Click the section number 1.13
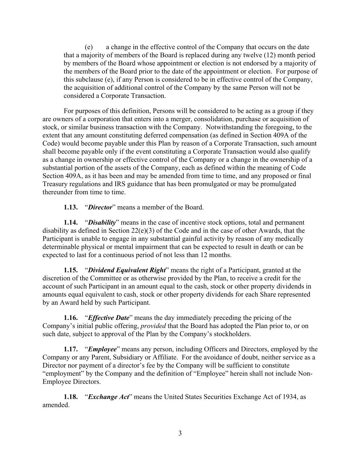pyautogui.click(x=71, y=207)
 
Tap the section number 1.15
pyautogui.click(x=71, y=270)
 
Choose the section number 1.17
pyautogui.click(x=71, y=349)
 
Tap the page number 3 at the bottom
pyautogui.click(x=180, y=434)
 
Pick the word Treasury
pyautogui.click(x=55, y=184)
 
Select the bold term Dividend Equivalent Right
pyautogui.click(x=127, y=270)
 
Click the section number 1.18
pyautogui.click(x=71, y=397)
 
